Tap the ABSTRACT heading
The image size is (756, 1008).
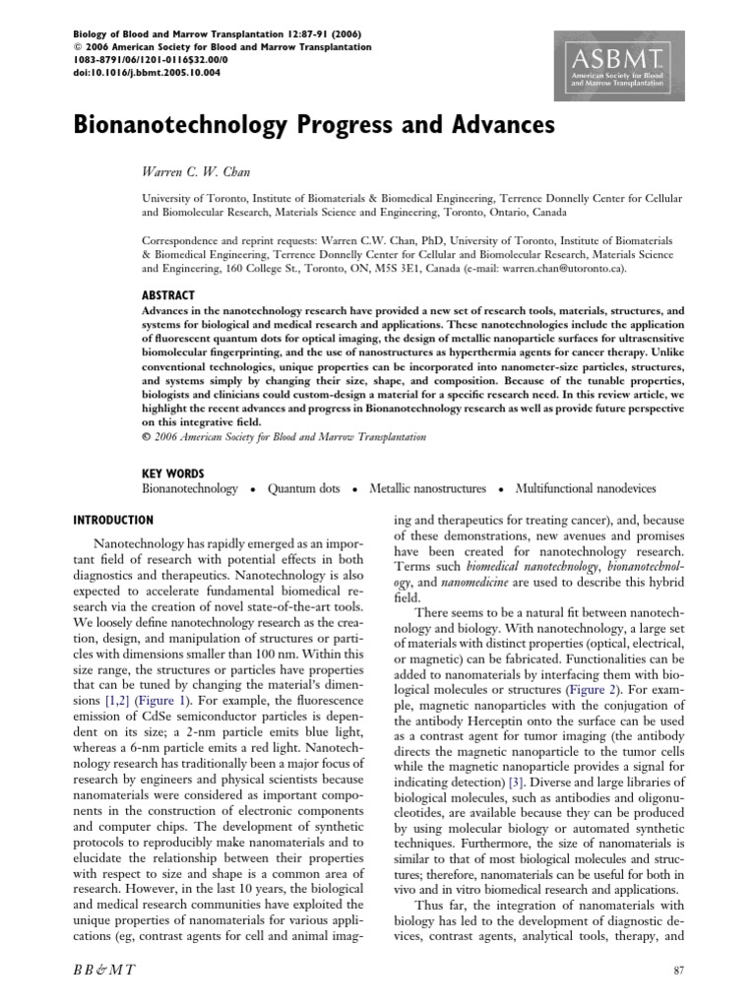pos(168,295)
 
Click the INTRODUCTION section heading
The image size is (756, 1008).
pos(114,520)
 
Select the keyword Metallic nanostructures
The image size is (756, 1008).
pos(427,488)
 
